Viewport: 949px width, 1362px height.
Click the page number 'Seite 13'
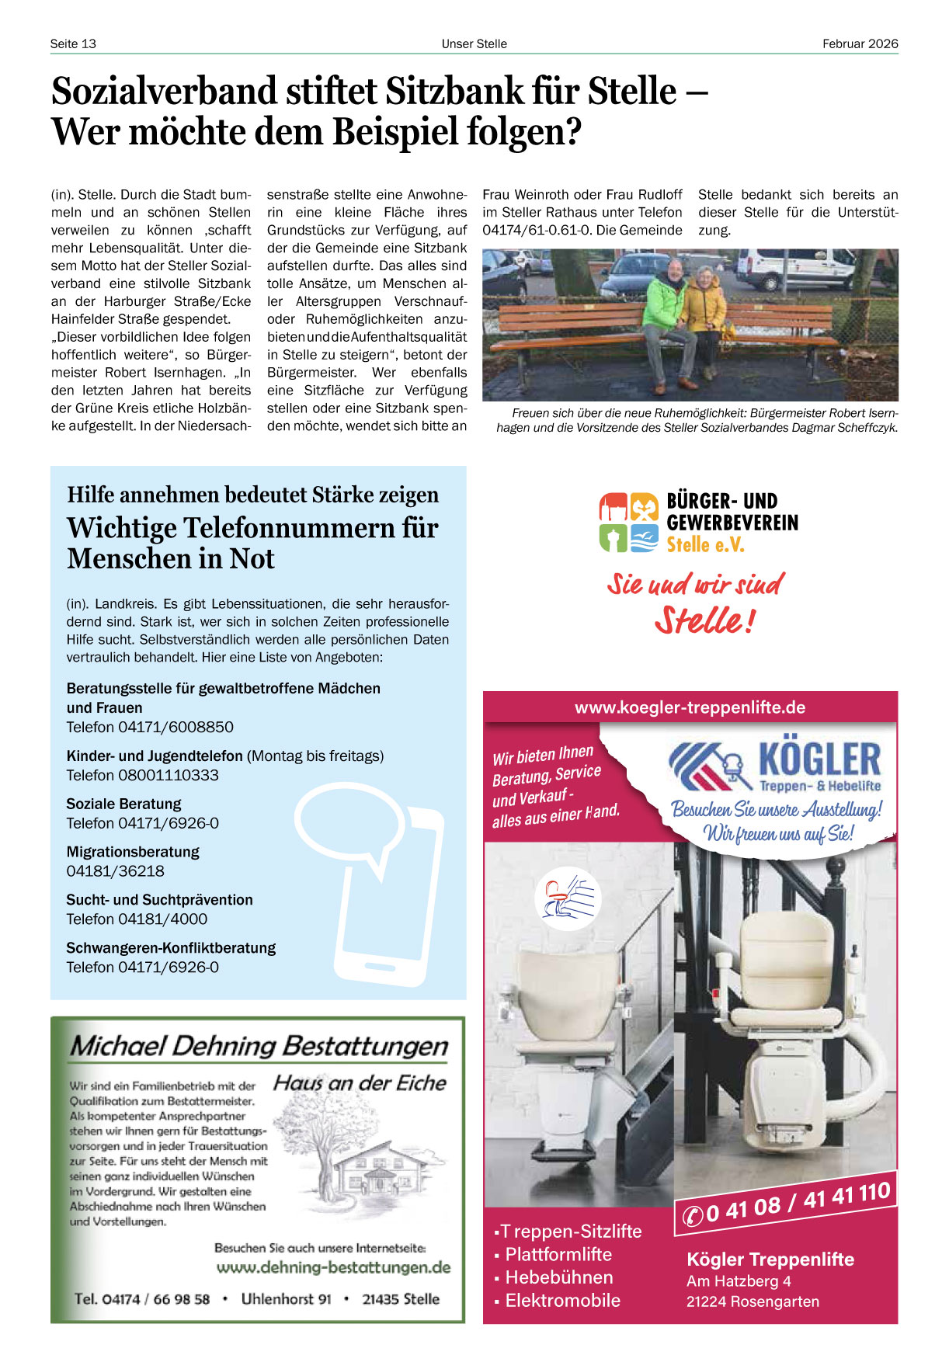tap(73, 43)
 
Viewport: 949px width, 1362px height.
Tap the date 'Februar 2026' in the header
tap(860, 43)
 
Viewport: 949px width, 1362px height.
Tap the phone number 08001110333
tap(168, 775)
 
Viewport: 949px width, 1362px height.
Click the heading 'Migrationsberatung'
tap(133, 852)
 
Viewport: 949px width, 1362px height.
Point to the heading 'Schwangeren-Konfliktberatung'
tap(171, 948)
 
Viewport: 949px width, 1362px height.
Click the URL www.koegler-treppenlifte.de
tap(690, 707)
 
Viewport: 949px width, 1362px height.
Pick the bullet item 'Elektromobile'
tap(562, 1301)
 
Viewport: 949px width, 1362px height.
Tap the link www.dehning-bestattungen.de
tap(333, 1267)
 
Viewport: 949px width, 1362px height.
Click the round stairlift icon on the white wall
tap(568, 898)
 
